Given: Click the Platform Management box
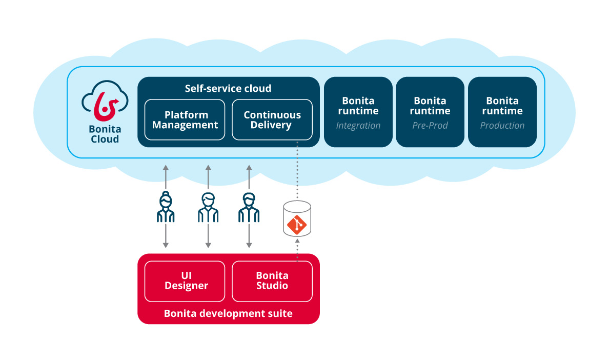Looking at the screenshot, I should [185, 119].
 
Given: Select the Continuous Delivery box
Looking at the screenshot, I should [272, 119].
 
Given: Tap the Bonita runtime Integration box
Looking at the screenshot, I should [358, 112].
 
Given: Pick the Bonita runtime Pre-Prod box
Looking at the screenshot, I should [430, 112].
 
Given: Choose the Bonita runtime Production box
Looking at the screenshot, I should [502, 112].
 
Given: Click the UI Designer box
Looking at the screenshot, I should [185, 281].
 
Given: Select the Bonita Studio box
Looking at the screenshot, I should [272, 281].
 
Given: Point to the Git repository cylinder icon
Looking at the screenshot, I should [297, 219].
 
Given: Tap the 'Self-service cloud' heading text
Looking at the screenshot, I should [228, 89].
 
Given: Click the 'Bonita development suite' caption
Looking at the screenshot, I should [228, 313].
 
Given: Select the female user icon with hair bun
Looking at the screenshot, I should [166, 207].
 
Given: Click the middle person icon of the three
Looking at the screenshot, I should [208, 207].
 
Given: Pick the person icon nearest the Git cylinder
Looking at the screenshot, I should [249, 207].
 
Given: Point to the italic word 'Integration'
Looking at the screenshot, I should [358, 126].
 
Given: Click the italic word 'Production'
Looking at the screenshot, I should [502, 126].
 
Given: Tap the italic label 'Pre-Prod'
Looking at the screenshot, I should [430, 126].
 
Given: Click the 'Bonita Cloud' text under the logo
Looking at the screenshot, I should [105, 134].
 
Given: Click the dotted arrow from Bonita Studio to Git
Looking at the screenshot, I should [297, 249].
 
